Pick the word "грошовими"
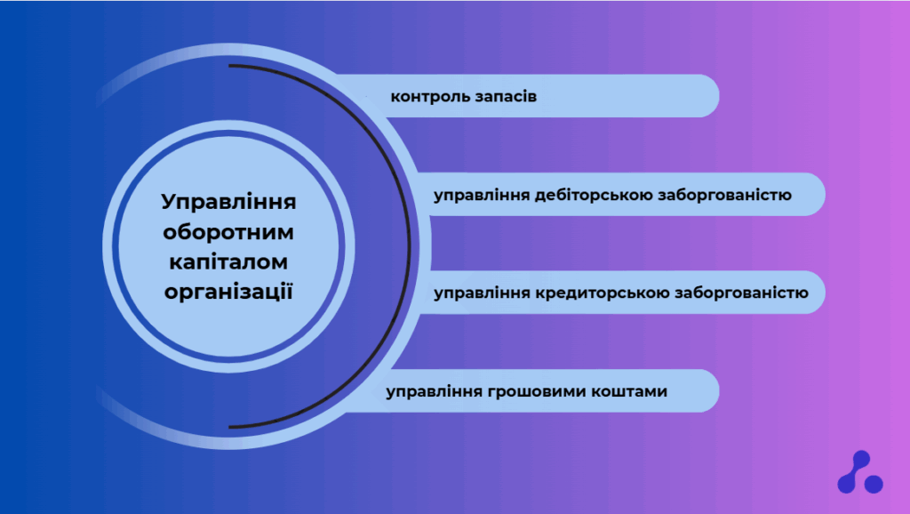(537, 392)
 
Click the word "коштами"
(629, 391)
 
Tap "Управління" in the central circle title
(228, 203)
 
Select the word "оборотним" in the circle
(228, 232)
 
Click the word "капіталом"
(228, 262)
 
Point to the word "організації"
(228, 292)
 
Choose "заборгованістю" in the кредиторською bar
(741, 293)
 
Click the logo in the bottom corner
(860, 473)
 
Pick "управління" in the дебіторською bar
(482, 196)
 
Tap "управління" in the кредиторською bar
(482, 293)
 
